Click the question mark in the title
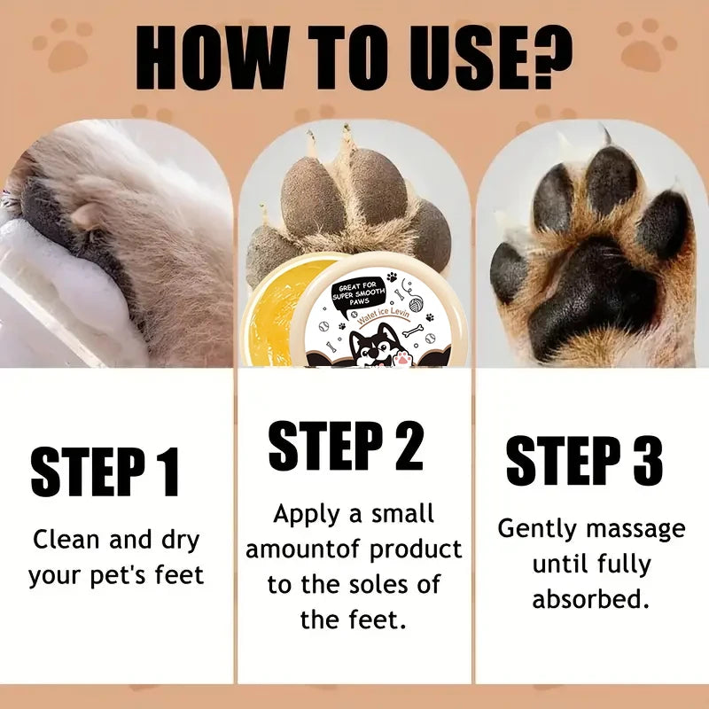point(541,56)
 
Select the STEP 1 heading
point(105,472)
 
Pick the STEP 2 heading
point(346,446)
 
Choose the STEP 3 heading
point(584,462)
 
